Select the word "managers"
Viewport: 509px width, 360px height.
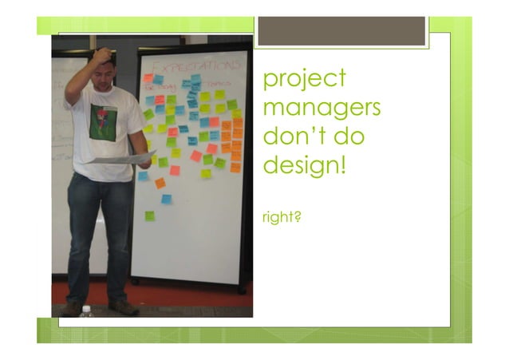321,107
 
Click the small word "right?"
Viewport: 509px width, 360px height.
281,216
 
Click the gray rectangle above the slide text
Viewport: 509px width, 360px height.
341,31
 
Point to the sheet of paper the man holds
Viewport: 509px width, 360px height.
120,158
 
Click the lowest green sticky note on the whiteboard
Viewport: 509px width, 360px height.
149,216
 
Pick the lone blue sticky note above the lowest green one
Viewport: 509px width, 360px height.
166,199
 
